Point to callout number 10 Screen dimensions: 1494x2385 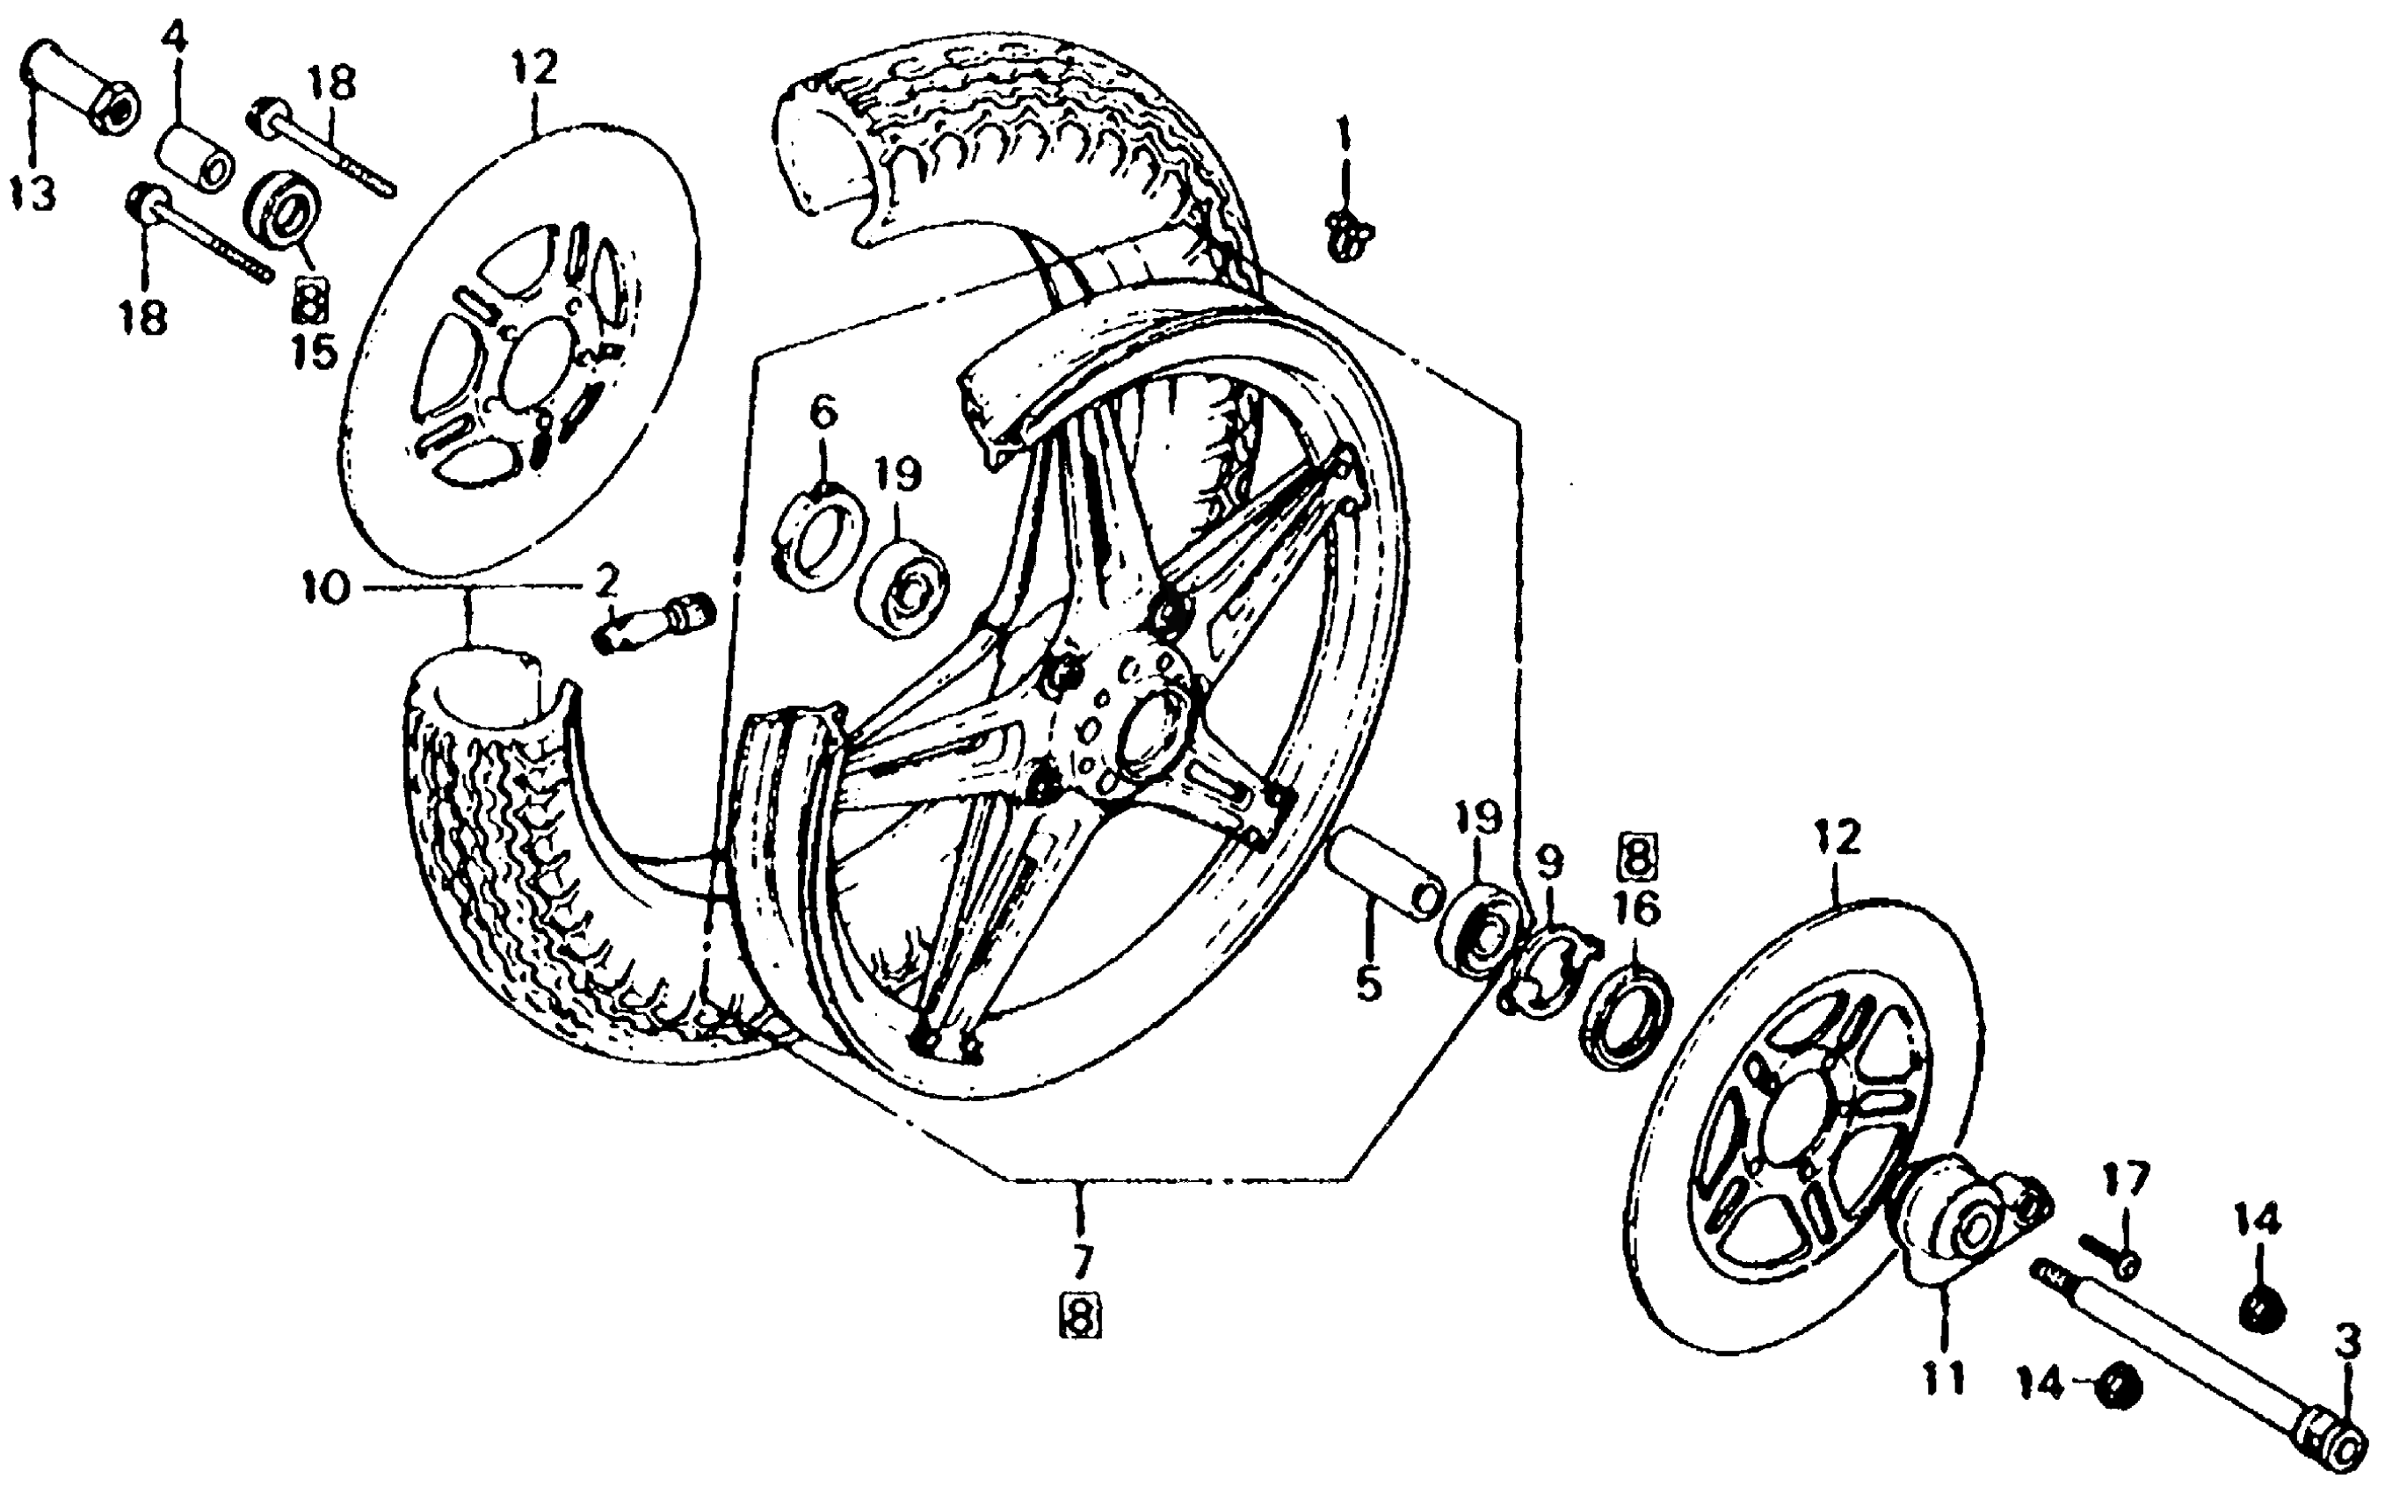tap(327, 590)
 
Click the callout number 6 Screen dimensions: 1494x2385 tap(823, 410)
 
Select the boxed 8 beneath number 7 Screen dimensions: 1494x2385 tap(1080, 1316)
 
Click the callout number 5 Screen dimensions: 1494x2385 tap(1367, 983)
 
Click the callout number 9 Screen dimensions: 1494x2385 tap(1548, 861)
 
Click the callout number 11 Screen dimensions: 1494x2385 tap(1943, 1377)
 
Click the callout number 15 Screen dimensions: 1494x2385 tap(315, 352)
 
